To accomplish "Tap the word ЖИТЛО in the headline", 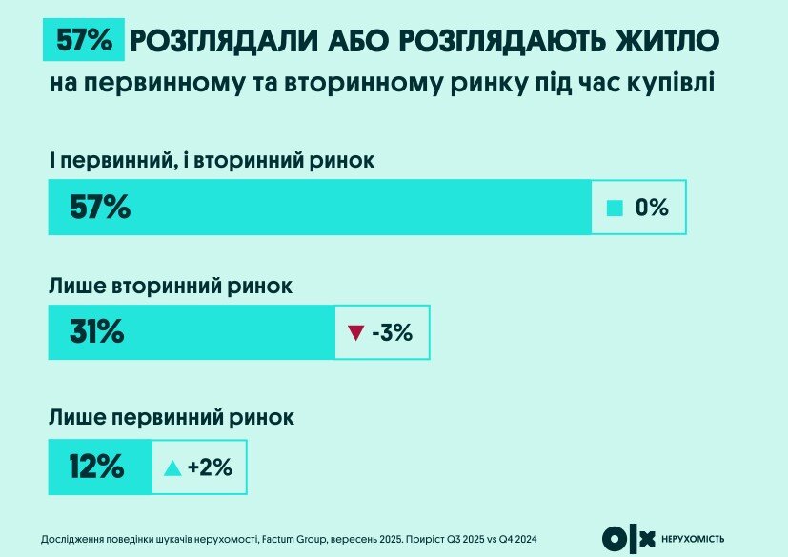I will coord(666,41).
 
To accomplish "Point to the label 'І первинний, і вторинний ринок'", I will coord(212,161).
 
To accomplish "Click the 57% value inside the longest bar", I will coord(100,207).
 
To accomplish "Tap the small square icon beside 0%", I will coord(616,207).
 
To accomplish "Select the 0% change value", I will coord(652,207).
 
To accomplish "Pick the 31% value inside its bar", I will coord(96,331).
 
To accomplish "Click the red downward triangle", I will coord(356,332).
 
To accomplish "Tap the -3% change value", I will coord(392,332).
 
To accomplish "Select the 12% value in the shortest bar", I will coord(95,467).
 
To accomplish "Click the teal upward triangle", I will coord(172,467).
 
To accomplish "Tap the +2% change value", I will coord(211,467).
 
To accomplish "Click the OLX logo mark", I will coord(630,538).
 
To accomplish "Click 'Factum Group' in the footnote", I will coord(294,539).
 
